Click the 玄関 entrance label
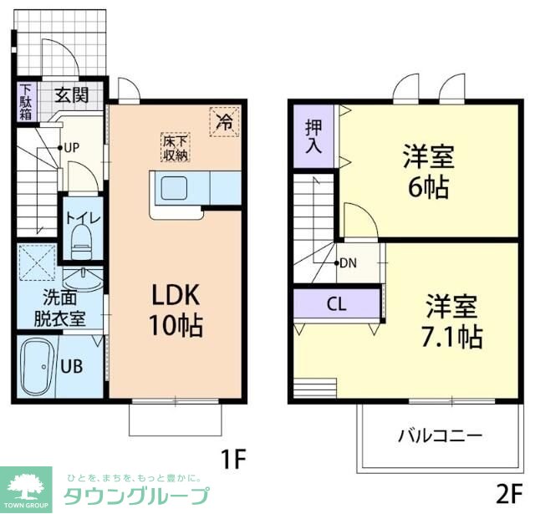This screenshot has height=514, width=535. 72,94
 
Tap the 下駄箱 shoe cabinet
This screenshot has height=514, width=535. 25,102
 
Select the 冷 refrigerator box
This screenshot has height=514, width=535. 224,122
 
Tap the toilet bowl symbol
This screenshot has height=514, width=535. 82,243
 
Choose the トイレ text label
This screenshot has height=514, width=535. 83,218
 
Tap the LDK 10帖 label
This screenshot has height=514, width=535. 176,309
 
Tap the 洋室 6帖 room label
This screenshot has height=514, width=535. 427,170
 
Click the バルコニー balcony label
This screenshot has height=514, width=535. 440,435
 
